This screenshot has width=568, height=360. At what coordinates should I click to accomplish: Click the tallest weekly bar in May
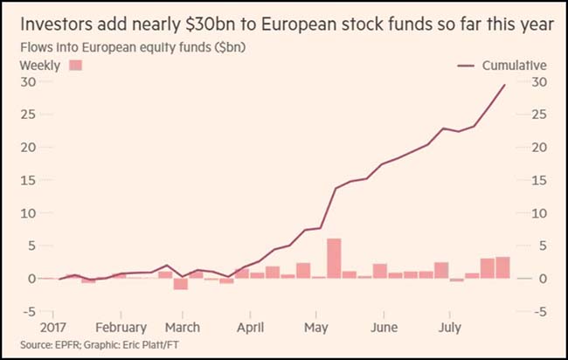point(334,259)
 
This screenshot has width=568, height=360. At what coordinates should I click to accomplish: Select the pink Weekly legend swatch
point(74,66)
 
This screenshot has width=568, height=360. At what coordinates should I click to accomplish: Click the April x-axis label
point(250,328)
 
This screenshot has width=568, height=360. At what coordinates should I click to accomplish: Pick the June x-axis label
point(384,328)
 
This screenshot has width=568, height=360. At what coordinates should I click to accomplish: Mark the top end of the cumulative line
point(505,85)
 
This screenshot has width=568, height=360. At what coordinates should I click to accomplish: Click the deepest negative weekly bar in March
point(181,283)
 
